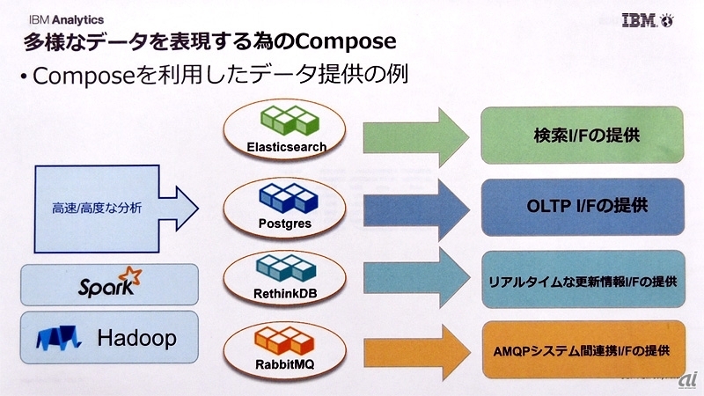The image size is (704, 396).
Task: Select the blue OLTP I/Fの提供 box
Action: tap(582, 207)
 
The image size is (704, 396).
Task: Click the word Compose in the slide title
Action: tap(343, 41)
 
